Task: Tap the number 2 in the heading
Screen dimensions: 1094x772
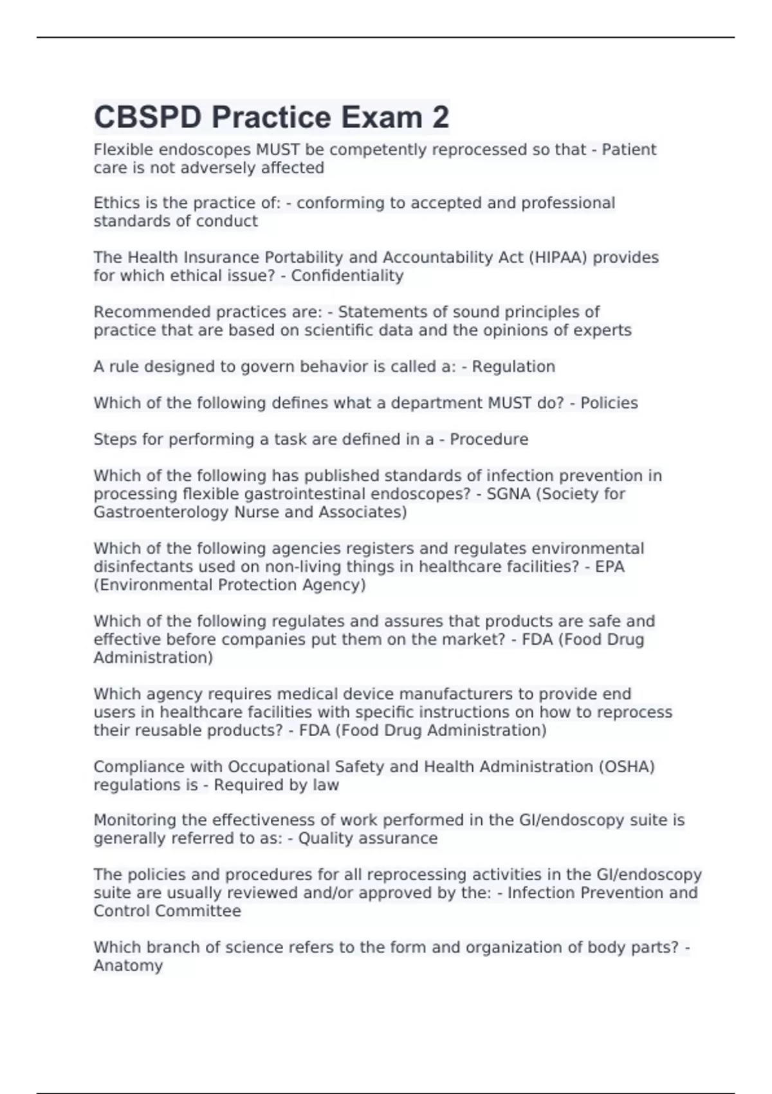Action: (x=440, y=117)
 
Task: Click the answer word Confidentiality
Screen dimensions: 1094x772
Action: (x=347, y=275)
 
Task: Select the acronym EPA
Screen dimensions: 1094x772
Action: (x=609, y=566)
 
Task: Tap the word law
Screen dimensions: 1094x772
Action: (x=326, y=784)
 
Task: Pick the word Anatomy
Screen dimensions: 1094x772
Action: (x=128, y=965)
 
